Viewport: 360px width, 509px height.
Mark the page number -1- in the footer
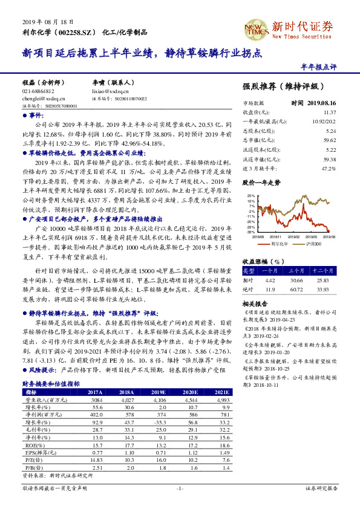pos(179,487)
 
